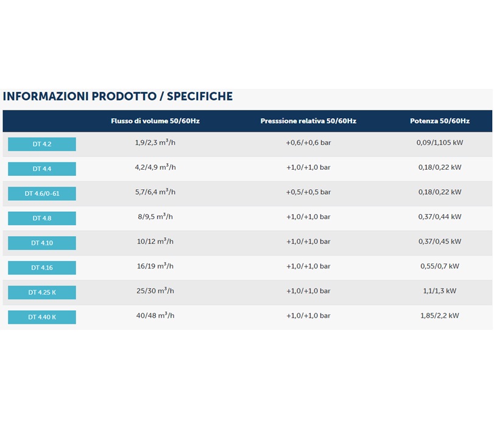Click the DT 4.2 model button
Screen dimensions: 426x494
pos(42,144)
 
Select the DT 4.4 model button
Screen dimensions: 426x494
pos(42,169)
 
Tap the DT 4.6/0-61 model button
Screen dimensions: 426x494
pos(42,194)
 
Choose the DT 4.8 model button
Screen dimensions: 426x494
pos(42,218)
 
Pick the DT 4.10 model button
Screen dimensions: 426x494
pos(42,243)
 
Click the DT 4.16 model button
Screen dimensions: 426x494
pos(42,268)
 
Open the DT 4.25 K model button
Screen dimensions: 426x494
pos(42,292)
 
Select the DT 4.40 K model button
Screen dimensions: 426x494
pos(42,317)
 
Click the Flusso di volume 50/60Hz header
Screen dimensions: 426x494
pos(155,121)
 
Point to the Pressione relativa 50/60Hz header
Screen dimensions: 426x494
pos(308,121)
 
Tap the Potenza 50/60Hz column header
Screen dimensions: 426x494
pos(440,121)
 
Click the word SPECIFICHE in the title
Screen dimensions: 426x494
pos(199,96)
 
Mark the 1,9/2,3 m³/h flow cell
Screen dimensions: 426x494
pos(155,143)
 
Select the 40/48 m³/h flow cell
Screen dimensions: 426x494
pos(155,315)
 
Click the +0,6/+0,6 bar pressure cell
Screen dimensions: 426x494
pos(308,143)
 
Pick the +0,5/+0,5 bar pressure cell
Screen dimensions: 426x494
pos(308,192)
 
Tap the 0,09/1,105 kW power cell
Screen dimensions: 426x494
pos(440,143)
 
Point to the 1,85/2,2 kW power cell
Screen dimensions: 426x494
pos(440,315)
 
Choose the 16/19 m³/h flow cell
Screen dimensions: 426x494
pos(155,266)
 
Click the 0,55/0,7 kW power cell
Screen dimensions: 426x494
pos(440,266)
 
